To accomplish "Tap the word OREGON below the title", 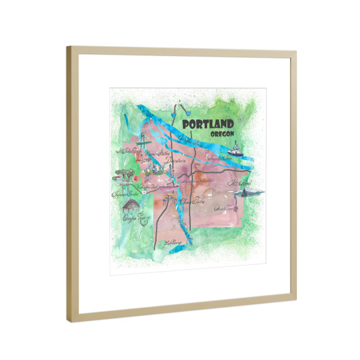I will tap(223, 135).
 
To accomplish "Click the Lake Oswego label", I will tap(172, 244).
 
